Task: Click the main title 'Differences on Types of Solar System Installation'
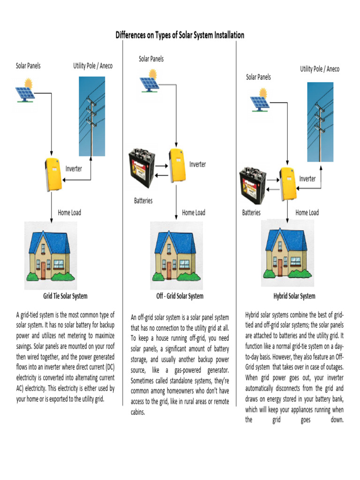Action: point(180,35)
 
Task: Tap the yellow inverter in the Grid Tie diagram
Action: point(53,174)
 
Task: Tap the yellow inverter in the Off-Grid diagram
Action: point(176,166)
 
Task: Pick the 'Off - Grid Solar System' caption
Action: point(180,296)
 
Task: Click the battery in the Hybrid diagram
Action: point(253,186)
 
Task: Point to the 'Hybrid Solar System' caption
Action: point(294,296)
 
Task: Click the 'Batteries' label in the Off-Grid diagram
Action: point(143,201)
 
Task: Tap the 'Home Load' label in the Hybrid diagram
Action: point(307,213)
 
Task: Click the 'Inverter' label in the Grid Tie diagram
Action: point(74,169)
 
